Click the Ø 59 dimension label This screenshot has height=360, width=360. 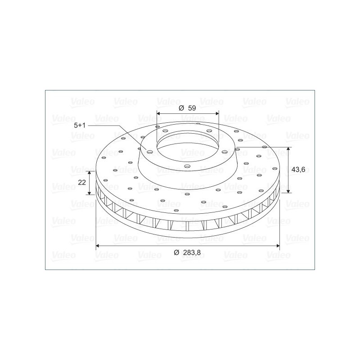point(187,108)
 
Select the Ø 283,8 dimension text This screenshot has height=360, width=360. point(187,252)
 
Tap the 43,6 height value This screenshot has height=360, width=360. point(298,170)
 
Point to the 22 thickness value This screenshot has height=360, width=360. point(82,182)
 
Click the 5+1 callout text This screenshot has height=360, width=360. point(80,126)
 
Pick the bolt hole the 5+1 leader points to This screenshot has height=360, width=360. point(150,152)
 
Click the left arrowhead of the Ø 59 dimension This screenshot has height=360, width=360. point(158,113)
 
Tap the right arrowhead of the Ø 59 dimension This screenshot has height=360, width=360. point(217,113)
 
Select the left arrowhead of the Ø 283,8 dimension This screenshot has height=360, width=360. point(98,246)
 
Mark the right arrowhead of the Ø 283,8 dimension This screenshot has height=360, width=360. point(278,246)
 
